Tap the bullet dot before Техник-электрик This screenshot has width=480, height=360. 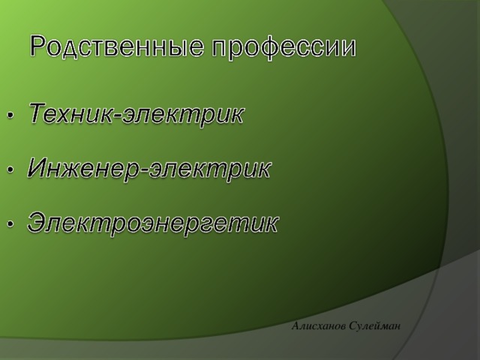(x=10, y=116)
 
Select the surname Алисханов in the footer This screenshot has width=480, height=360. (x=319, y=324)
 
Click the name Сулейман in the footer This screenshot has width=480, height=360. (x=374, y=324)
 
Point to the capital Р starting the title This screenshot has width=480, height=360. (x=39, y=47)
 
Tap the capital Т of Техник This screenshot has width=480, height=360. (x=37, y=115)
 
